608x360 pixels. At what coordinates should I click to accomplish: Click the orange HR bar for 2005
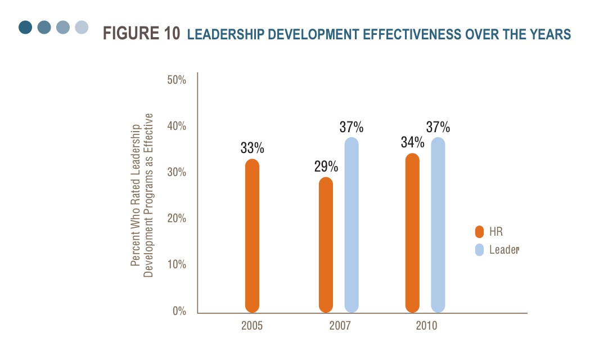tap(252, 236)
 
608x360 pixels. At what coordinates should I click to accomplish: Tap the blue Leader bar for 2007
tap(352, 225)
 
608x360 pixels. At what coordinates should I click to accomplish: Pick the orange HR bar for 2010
tap(412, 233)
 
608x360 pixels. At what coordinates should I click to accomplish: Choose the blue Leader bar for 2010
tap(438, 225)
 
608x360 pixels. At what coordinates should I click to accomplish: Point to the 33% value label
tap(253, 148)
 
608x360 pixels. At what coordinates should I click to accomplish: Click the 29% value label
tap(326, 166)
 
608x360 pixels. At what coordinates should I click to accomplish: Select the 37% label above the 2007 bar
tap(352, 127)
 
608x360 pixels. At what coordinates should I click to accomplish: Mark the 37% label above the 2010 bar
tap(438, 127)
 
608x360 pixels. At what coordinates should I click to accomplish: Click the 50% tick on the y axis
tap(177, 80)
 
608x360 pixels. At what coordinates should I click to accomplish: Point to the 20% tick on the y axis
tap(177, 218)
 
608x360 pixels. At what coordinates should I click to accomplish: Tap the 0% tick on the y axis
tap(179, 311)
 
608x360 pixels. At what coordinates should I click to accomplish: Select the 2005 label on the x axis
tap(252, 326)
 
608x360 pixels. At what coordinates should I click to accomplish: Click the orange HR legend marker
tap(479, 232)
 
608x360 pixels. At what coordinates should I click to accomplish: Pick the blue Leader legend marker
tap(479, 249)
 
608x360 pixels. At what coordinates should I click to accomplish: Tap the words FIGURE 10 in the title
tap(142, 34)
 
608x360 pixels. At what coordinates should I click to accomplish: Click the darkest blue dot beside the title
tap(25, 27)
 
